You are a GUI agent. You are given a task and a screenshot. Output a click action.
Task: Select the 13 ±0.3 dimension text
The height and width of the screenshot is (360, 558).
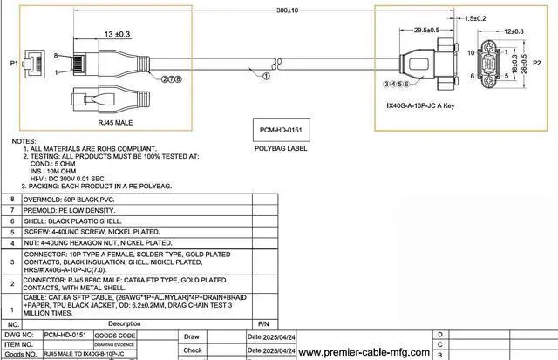118,34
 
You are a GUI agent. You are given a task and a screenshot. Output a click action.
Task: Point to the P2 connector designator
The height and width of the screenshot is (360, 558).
549,64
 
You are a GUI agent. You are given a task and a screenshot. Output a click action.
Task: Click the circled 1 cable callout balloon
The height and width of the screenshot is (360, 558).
266,76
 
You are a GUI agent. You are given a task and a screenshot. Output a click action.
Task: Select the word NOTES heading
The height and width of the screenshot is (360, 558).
24,140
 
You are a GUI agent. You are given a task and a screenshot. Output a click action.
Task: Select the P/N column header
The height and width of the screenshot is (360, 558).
239,323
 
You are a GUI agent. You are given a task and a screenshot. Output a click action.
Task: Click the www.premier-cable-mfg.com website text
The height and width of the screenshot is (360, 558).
364,353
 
